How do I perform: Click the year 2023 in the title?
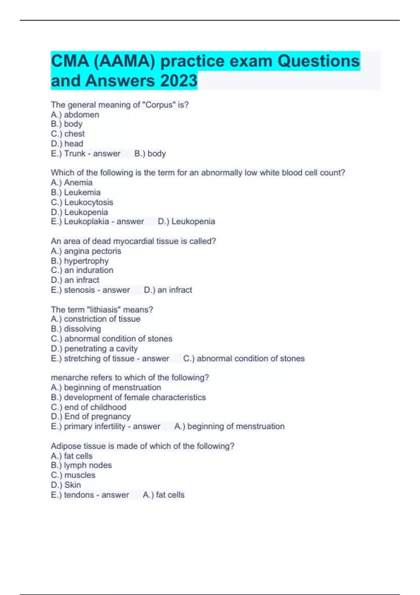[x=178, y=81]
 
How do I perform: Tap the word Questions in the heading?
[x=318, y=61]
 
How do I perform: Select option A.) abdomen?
[x=75, y=114]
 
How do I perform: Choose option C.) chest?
[x=68, y=134]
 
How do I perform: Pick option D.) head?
[x=67, y=143]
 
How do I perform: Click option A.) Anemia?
[x=71, y=182]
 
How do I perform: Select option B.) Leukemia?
[x=76, y=192]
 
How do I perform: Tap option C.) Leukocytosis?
[x=82, y=202]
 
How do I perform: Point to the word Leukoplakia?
[x=86, y=222]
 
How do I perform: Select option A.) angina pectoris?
[x=86, y=251]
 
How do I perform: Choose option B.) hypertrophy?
[x=80, y=261]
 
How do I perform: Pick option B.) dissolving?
[x=76, y=329]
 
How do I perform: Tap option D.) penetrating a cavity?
[x=94, y=348]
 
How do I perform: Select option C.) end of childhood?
[x=89, y=407]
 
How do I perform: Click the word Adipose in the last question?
[x=65, y=446]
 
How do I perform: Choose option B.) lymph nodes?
[x=81, y=465]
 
